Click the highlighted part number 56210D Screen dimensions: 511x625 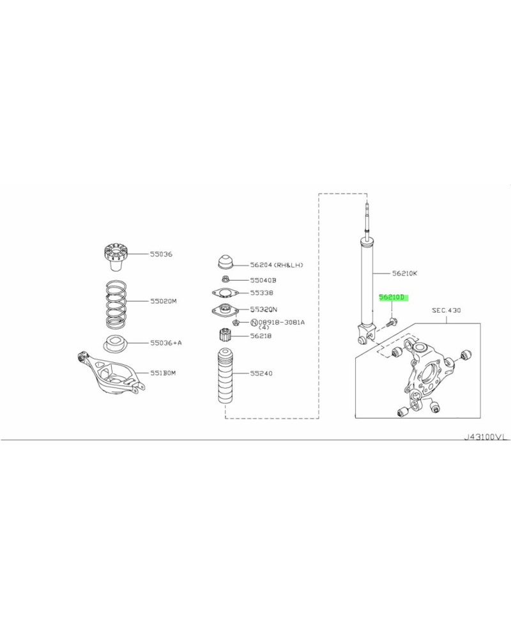(393, 297)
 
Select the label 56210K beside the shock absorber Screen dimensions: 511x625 (405, 274)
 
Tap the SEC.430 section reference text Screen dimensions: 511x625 (446, 310)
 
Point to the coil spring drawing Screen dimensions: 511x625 (116, 302)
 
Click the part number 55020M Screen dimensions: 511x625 (164, 301)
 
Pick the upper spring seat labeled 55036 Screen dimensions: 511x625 (115, 258)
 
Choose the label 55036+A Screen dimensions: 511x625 (166, 343)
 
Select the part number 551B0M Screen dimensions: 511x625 (163, 373)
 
